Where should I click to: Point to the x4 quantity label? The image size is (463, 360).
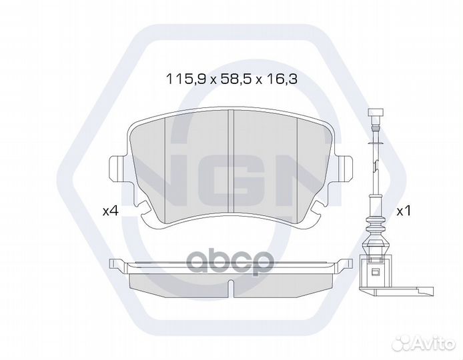(x=110, y=211)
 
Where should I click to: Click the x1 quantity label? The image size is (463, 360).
(x=403, y=211)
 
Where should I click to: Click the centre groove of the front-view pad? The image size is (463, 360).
(x=230, y=160)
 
